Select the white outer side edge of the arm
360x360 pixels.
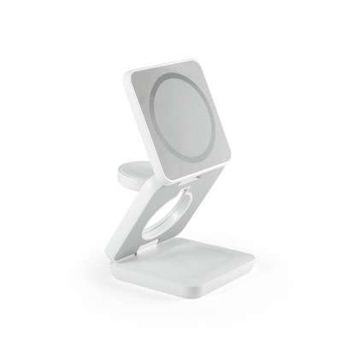pos(120,231)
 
